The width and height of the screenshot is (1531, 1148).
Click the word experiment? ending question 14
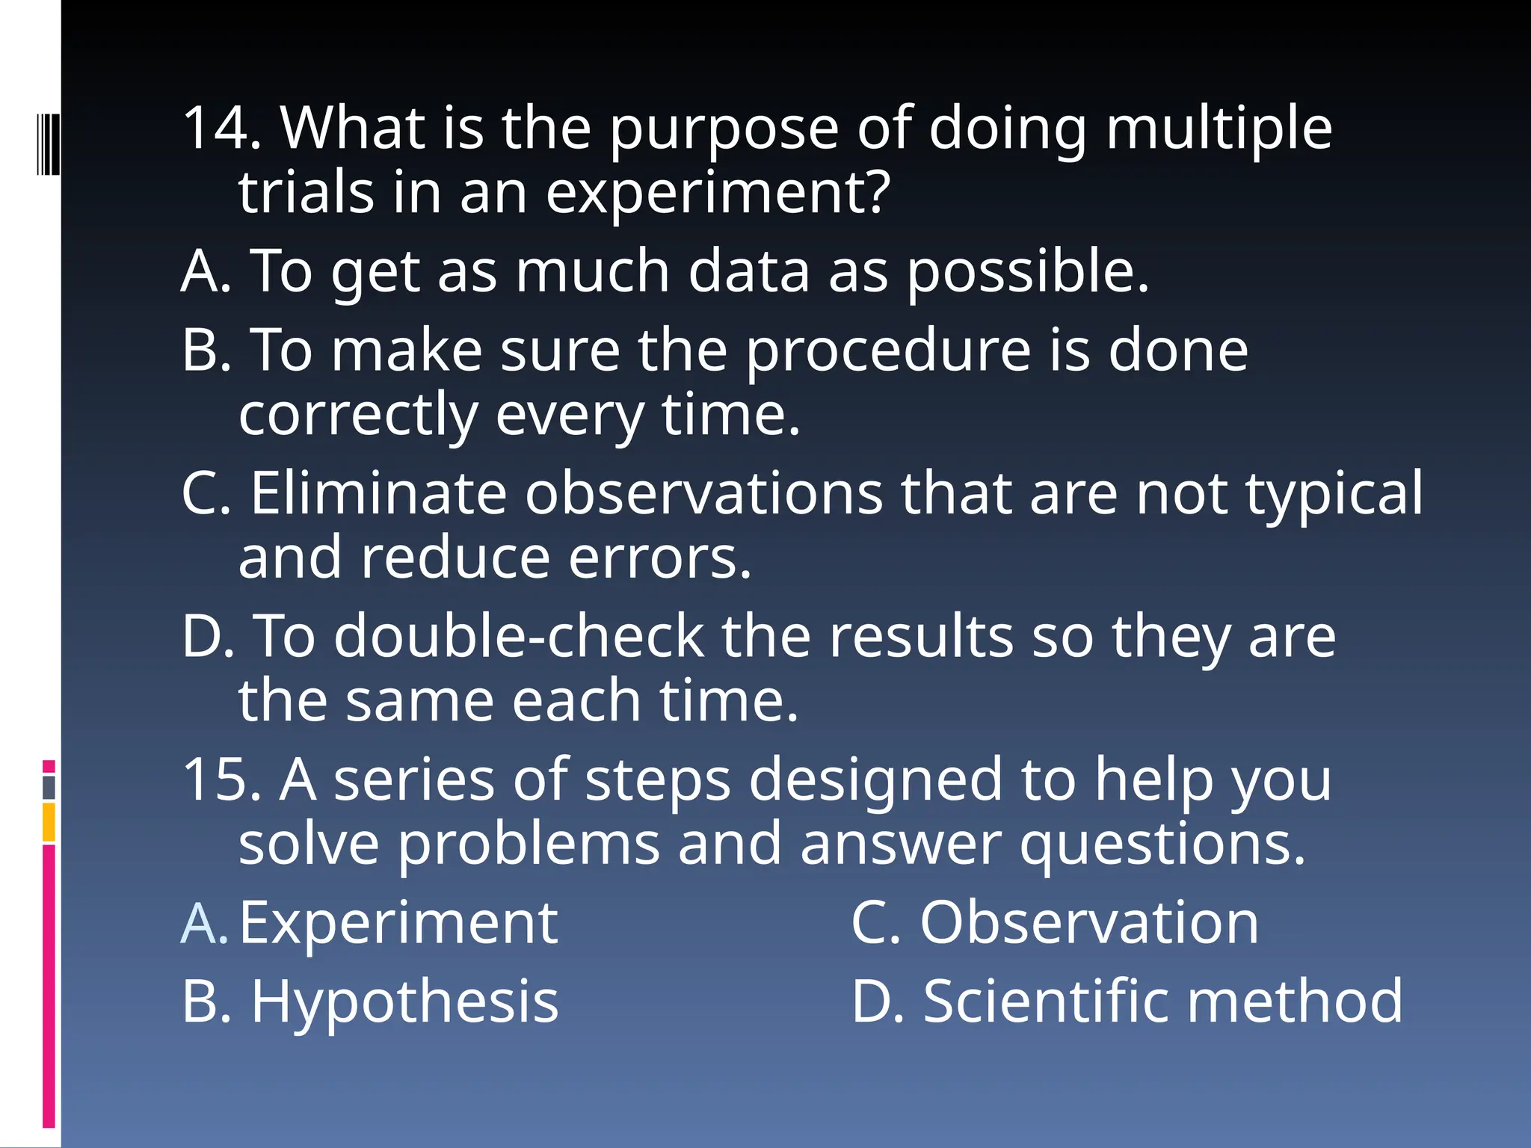(718, 193)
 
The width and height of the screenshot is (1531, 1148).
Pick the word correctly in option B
(357, 416)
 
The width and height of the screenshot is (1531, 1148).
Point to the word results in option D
(920, 636)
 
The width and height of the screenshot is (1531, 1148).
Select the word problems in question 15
(528, 845)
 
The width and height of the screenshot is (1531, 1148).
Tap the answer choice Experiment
(398, 923)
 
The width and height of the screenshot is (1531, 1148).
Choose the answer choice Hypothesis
(404, 1002)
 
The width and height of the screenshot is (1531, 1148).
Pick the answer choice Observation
(1088, 923)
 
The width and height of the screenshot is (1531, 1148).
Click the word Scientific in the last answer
(1046, 1002)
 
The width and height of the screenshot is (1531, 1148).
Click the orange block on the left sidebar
(49, 822)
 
